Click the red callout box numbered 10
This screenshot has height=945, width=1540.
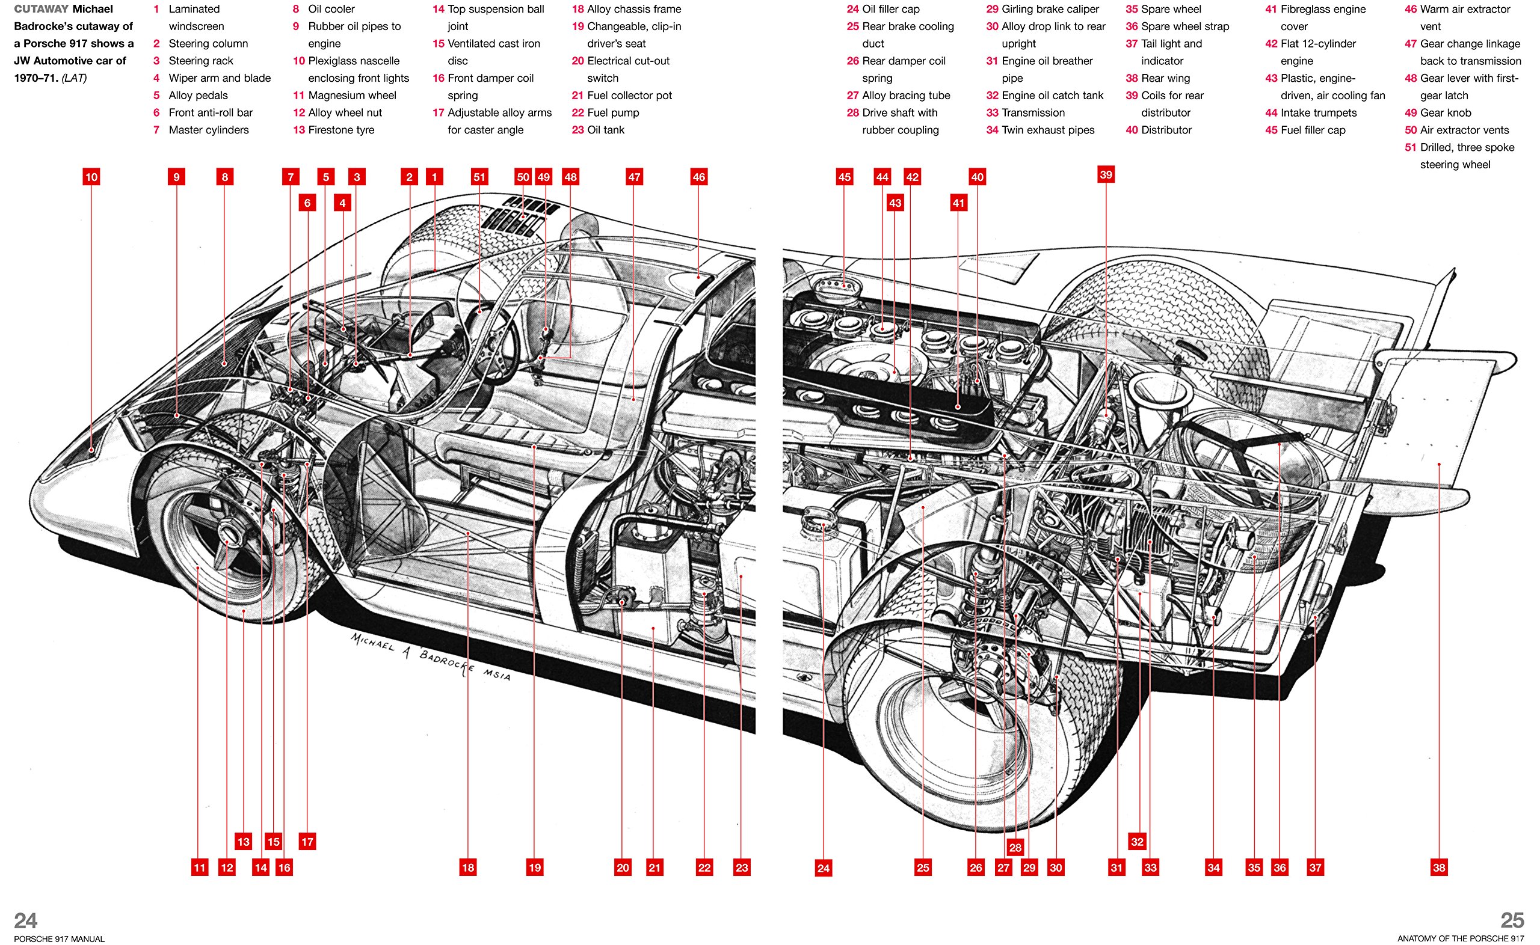click(91, 177)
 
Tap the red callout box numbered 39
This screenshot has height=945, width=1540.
click(1106, 174)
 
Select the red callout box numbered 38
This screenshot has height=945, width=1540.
click(1439, 867)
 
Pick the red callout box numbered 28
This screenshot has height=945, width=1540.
click(1015, 848)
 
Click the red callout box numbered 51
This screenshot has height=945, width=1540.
click(479, 177)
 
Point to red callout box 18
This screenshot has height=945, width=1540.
click(467, 867)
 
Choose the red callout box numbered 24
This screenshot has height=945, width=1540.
click(824, 867)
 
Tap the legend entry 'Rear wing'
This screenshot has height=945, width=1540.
click(1165, 78)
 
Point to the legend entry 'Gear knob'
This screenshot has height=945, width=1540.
click(1445, 112)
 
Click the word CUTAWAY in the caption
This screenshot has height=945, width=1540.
click(42, 9)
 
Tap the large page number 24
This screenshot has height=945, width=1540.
click(26, 920)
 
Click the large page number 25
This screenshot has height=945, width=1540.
click(1512, 920)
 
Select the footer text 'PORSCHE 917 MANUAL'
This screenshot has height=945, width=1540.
click(59, 939)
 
